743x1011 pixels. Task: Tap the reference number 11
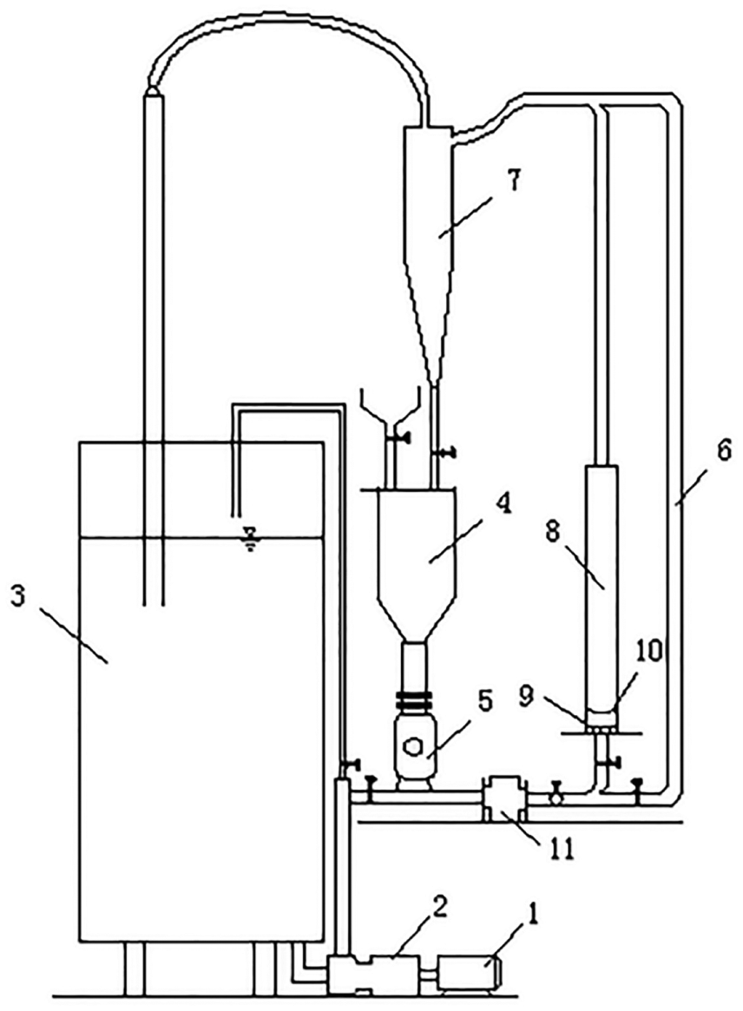pos(560,849)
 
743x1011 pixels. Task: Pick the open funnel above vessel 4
pos(391,406)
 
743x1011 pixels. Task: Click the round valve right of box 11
pos(555,796)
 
